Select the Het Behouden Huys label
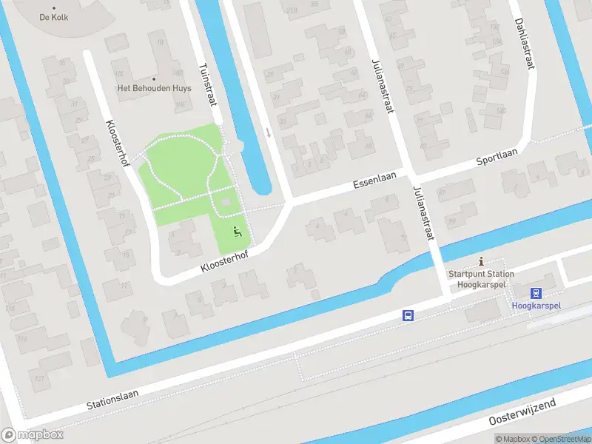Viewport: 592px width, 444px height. coord(154,88)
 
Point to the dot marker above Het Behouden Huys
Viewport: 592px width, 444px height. coord(154,78)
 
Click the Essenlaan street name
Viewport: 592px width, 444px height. coord(375,179)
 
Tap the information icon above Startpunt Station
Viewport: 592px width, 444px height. coord(482,261)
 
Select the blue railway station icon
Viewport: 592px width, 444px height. coord(536,292)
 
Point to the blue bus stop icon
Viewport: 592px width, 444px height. coord(408,315)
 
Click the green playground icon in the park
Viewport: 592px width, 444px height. coord(237,232)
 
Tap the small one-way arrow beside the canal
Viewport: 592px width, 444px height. coord(268,132)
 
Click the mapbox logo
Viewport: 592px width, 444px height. coord(33,435)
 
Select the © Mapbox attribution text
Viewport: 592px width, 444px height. coord(514,439)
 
